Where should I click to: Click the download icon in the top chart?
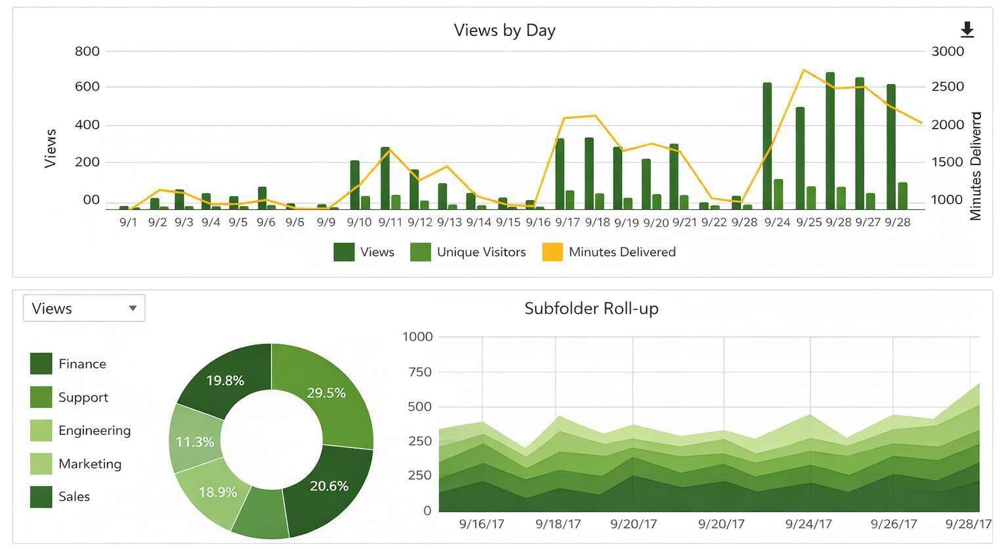967,30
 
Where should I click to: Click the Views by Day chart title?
504,30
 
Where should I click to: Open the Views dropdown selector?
84,308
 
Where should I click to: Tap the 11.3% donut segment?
195,441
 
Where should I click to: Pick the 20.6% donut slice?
329,486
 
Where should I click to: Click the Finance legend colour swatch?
41,363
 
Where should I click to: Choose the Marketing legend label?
90,464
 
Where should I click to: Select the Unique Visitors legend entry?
468,252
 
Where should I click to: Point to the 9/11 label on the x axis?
390,222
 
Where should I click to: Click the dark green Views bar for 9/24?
766,144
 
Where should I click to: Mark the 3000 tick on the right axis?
947,51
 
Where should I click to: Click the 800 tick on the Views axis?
87,51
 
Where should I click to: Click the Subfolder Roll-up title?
591,308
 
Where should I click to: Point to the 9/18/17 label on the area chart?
558,524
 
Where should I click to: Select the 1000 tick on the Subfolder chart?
417,336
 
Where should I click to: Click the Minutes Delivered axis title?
976,166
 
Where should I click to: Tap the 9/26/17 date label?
893,524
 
